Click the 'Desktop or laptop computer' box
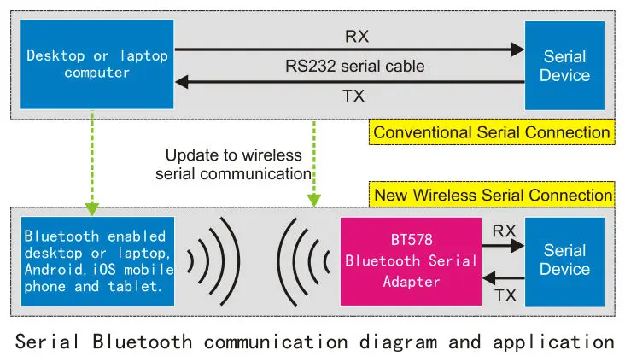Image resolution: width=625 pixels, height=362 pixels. pos(93,65)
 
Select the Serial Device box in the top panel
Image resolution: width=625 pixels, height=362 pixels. pos(564,65)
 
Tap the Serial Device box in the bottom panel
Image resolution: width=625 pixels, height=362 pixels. pos(564,260)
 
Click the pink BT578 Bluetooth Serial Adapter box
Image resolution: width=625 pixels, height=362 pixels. pos(411,261)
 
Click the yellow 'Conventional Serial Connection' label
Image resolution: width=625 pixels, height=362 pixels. pos(492,132)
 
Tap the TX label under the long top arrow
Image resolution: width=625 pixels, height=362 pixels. pos(353,96)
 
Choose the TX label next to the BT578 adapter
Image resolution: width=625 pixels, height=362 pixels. pos(504,294)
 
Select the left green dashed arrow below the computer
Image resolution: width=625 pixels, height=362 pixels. pos(91,166)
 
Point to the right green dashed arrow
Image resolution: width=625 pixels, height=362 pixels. pos(314,162)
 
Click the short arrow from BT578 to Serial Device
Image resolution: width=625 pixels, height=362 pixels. pos(503,245)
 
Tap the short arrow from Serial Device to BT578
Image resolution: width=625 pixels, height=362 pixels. pos(503,277)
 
